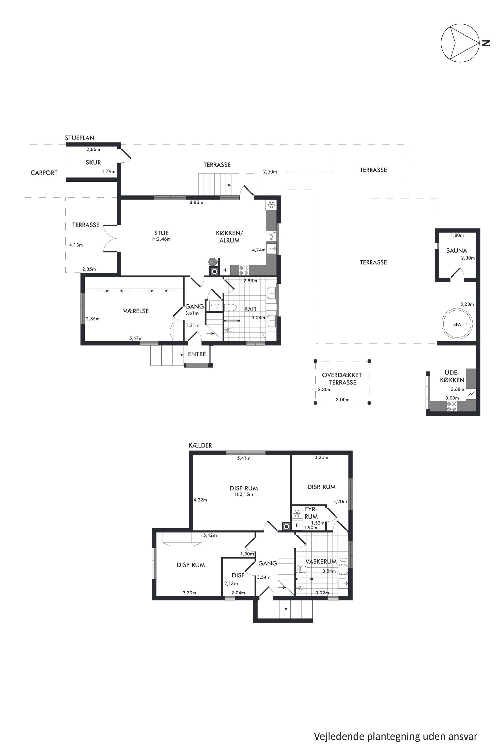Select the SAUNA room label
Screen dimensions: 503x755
457,251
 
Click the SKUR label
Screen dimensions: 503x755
93,162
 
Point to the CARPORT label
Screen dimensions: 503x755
44,173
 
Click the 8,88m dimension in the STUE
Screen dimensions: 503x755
196,202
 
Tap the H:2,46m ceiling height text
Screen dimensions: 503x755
161,239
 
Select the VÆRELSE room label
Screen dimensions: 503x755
136,311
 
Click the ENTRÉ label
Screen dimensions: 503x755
197,354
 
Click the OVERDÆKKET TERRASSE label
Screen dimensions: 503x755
342,379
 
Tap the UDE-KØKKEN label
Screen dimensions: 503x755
452,376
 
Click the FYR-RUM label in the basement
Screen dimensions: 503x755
311,513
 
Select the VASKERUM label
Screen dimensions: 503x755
321,561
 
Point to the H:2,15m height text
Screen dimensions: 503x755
244,494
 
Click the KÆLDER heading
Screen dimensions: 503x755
201,445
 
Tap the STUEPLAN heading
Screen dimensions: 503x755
80,138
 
